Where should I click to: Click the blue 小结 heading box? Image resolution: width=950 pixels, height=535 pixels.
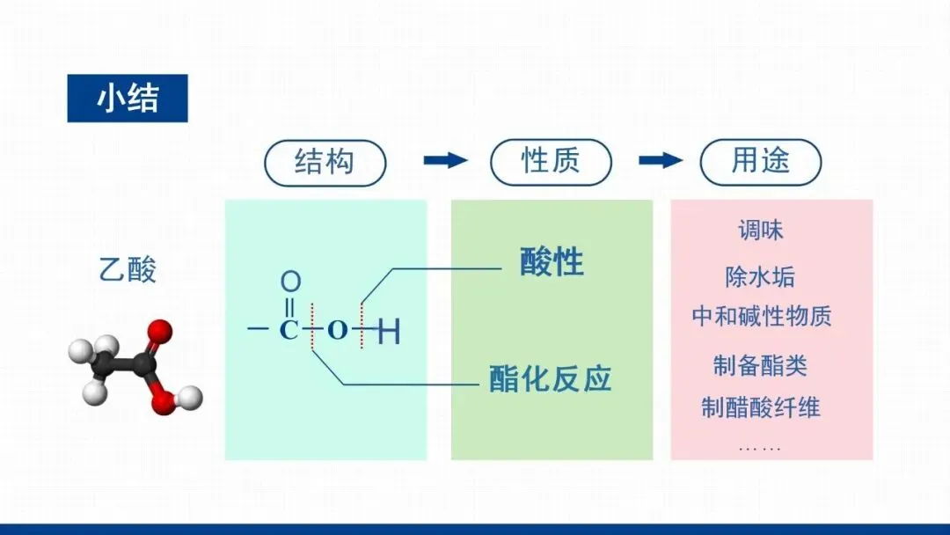click(x=128, y=99)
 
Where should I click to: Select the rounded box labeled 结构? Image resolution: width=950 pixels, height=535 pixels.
click(x=325, y=163)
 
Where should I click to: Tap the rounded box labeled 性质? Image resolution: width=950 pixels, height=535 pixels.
click(x=551, y=163)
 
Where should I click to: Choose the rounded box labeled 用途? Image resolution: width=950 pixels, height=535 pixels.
click(x=760, y=163)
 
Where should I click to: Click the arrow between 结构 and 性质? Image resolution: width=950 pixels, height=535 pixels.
click(x=445, y=160)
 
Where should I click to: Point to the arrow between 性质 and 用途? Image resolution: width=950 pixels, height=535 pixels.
click(x=660, y=160)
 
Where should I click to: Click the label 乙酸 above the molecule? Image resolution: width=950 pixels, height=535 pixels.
click(x=128, y=270)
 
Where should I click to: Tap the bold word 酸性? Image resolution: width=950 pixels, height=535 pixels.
click(x=552, y=262)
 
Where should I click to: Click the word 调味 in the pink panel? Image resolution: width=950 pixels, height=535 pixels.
click(x=760, y=231)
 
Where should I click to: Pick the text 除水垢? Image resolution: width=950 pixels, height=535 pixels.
click(x=760, y=277)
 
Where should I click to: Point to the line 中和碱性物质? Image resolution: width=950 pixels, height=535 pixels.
click(x=762, y=317)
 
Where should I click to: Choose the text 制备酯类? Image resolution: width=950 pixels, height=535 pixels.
click(x=760, y=365)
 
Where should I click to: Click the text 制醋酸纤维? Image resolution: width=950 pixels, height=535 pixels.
click(x=761, y=408)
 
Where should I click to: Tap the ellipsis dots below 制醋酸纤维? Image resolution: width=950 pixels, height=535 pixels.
click(x=760, y=448)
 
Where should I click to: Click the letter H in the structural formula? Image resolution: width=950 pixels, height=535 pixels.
click(x=390, y=332)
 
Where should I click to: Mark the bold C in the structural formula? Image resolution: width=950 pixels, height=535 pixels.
click(x=289, y=332)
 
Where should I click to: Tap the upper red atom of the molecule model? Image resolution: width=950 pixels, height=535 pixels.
click(x=160, y=332)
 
